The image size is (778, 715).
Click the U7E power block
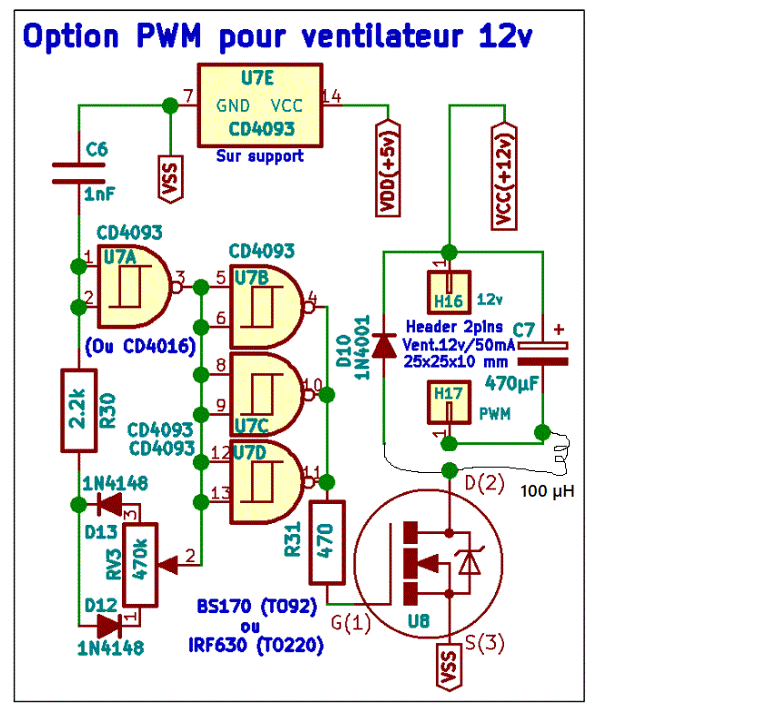coord(260,106)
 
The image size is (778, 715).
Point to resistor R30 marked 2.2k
coord(78,411)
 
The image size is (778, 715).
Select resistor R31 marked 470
coord(327,543)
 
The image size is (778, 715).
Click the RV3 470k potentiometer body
coord(140,565)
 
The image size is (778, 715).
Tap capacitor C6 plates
coord(78,173)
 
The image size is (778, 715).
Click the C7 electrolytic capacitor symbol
coord(542,354)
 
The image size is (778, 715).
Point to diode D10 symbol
coord(384,346)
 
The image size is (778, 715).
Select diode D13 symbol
coord(110,505)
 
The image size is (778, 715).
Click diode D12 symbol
coord(110,626)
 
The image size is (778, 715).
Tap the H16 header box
coord(449,292)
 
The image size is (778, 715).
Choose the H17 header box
coord(449,402)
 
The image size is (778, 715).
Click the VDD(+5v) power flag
coord(388,168)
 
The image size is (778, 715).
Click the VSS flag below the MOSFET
coord(449,668)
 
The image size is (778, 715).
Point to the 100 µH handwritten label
coord(547,491)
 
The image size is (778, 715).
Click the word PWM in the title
coord(168,35)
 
